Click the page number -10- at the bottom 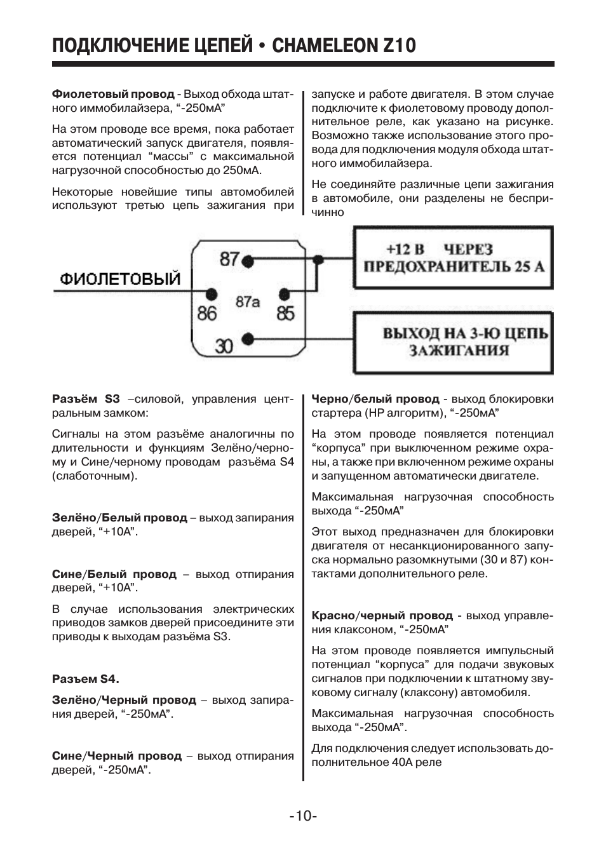coord(302,816)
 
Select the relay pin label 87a coord(248,302)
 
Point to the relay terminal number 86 coord(206,313)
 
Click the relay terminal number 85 coord(286,313)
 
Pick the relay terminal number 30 coord(224,346)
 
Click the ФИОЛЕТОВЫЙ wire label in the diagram coord(121,279)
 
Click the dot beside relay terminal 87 coord(249,260)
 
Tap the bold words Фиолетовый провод coord(113,94)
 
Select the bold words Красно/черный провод coord(382,615)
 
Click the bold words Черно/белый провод coord(375,399)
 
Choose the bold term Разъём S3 coord(85,399)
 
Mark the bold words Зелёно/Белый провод coord(119,518)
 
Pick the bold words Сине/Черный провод coord(116,756)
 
